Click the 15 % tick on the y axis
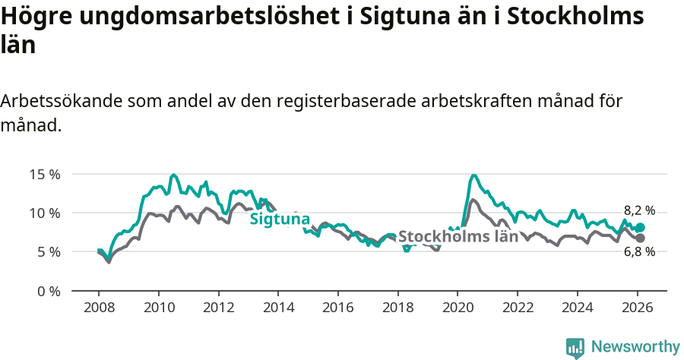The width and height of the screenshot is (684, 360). [44, 174]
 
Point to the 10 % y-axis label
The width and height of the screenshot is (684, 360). [44, 213]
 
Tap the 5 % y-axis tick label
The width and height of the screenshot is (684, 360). [48, 252]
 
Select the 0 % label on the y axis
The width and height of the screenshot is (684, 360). [48, 291]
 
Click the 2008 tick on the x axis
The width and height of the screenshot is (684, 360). [99, 308]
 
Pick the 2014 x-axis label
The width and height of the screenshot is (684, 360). [278, 308]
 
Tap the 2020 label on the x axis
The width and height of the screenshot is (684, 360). [458, 308]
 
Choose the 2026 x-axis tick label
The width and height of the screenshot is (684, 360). [637, 308]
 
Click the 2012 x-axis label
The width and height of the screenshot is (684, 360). [218, 308]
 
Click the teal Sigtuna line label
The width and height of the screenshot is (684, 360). [280, 219]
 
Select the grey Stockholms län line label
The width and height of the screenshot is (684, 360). [458, 236]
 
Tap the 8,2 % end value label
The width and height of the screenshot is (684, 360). [639, 210]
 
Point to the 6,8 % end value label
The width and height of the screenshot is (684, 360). [639, 251]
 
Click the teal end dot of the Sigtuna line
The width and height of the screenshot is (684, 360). [640, 227]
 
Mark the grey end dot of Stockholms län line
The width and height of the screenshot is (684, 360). [640, 238]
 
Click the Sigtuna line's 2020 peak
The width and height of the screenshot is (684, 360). [473, 175]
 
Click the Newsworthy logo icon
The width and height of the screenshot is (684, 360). [575, 348]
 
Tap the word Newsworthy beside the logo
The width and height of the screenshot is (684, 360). [635, 347]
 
